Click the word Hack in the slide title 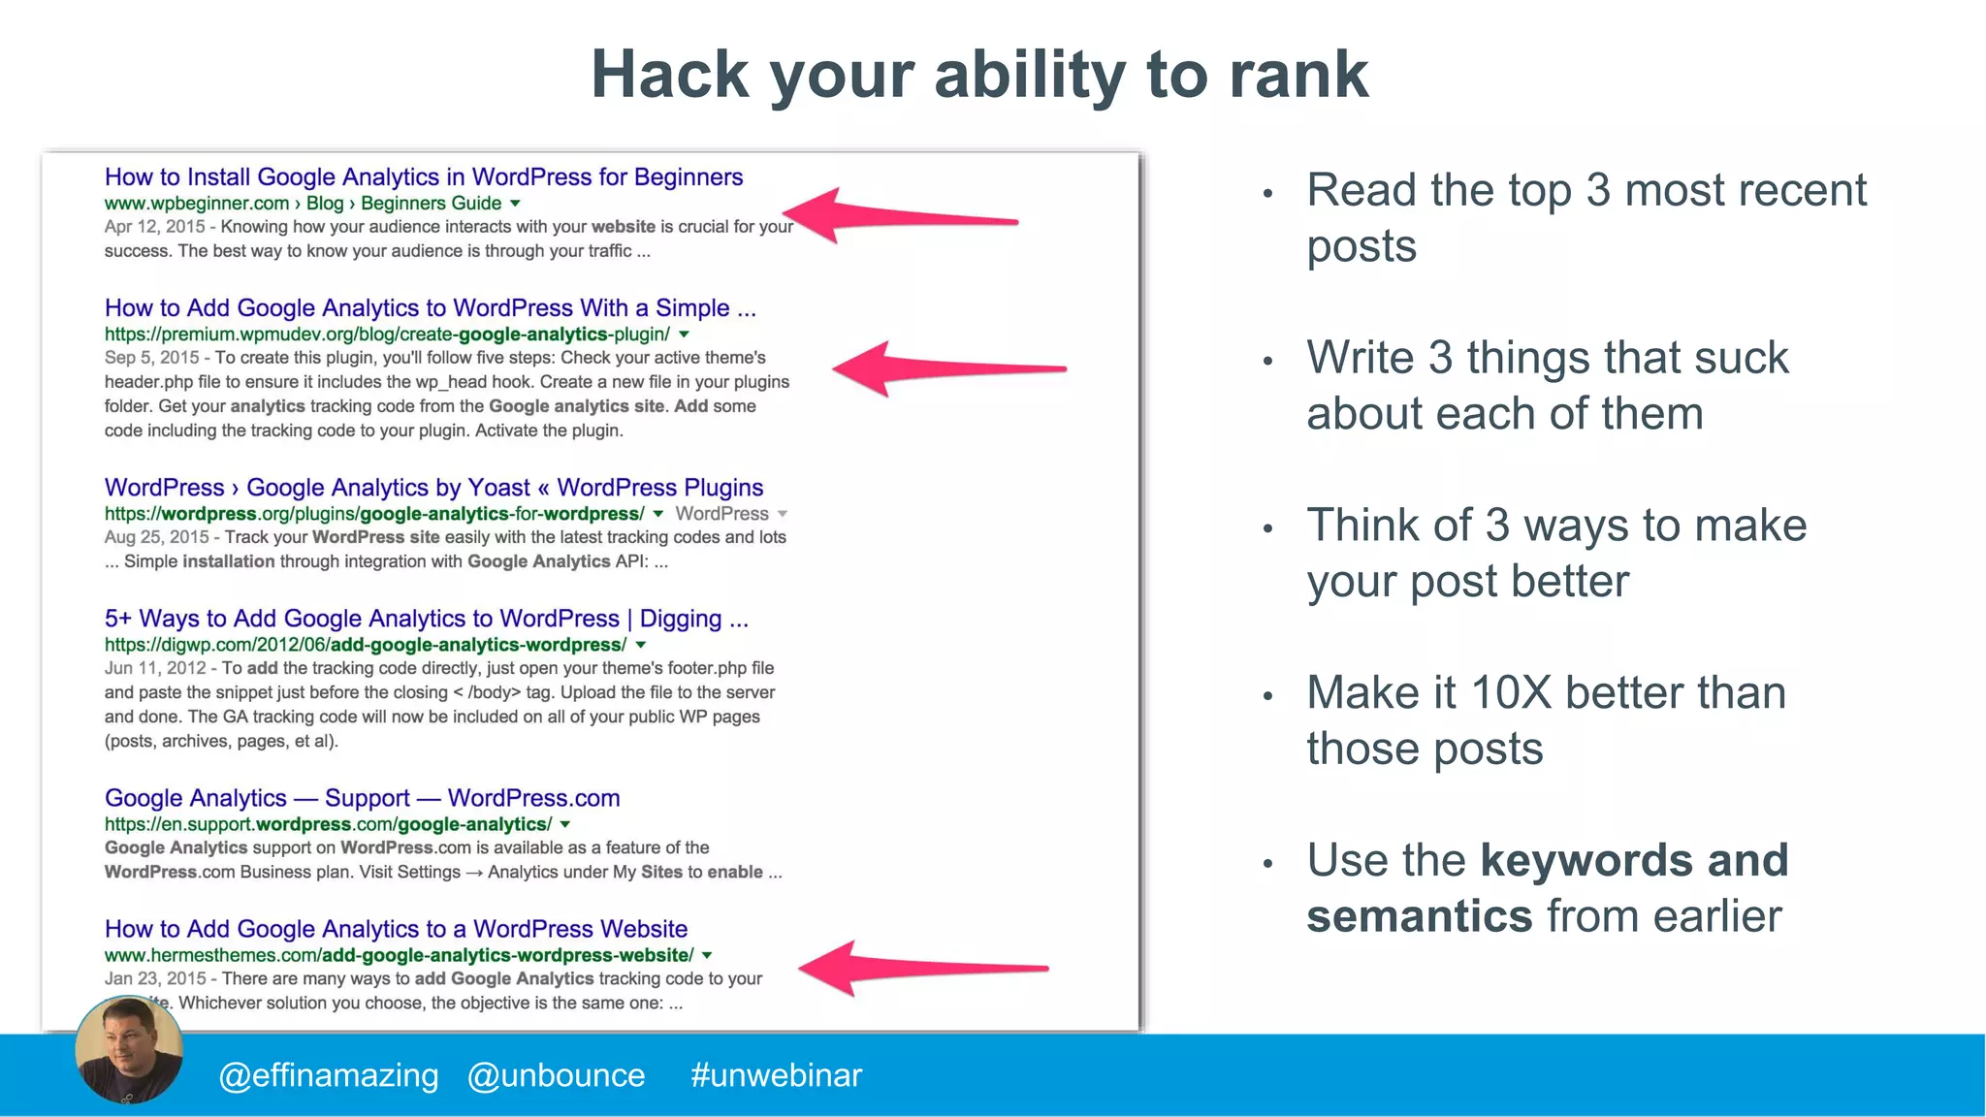click(x=670, y=75)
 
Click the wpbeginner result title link click(x=423, y=177)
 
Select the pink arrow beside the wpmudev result click(x=947, y=368)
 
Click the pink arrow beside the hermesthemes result click(x=921, y=968)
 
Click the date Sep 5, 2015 click(x=151, y=358)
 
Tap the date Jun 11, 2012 click(x=155, y=668)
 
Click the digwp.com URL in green click(x=365, y=645)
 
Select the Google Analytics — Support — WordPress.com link click(x=362, y=798)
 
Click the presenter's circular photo click(x=129, y=1050)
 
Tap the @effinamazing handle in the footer click(x=329, y=1075)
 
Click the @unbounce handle click(x=556, y=1075)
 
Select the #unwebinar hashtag click(x=776, y=1075)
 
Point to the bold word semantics click(x=1419, y=916)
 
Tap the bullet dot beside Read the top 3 click(x=1267, y=194)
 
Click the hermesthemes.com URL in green click(x=399, y=955)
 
